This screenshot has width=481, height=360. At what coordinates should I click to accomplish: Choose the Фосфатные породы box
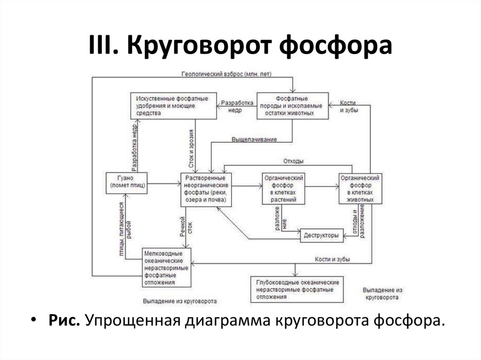point(291,106)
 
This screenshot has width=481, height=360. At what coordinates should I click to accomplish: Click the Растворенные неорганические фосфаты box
point(206,189)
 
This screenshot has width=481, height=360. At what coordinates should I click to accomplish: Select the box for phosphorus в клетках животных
point(360,188)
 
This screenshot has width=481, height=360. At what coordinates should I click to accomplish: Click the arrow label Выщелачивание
point(254,139)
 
